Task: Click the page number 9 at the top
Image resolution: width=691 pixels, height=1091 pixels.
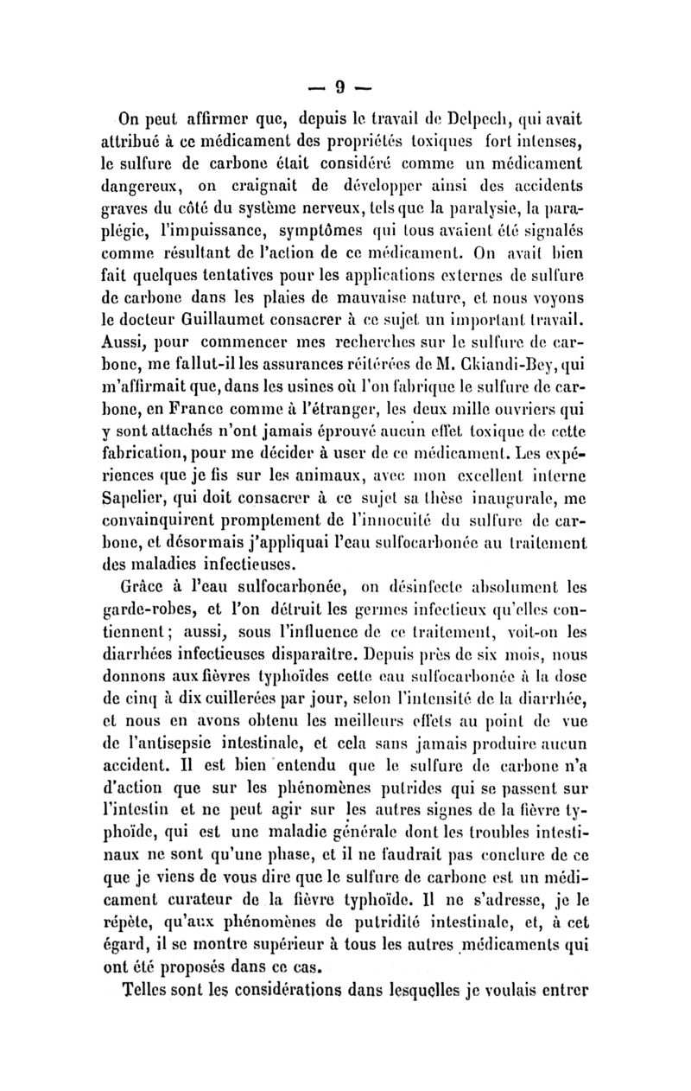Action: (x=340, y=86)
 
